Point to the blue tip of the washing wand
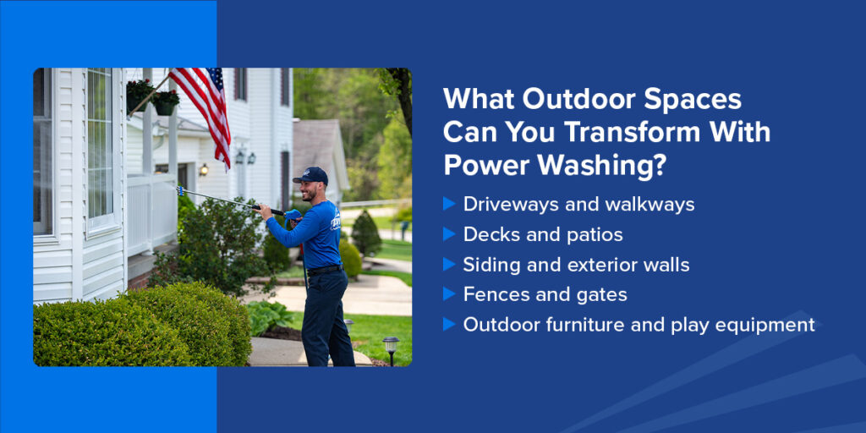pyautogui.click(x=180, y=190)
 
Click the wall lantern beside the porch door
pyautogui.click(x=203, y=169)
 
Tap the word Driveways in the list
pyautogui.click(x=505, y=204)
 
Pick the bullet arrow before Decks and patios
pyautogui.click(x=449, y=234)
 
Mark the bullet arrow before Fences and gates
pyautogui.click(x=449, y=294)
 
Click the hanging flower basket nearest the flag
pyautogui.click(x=165, y=100)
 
